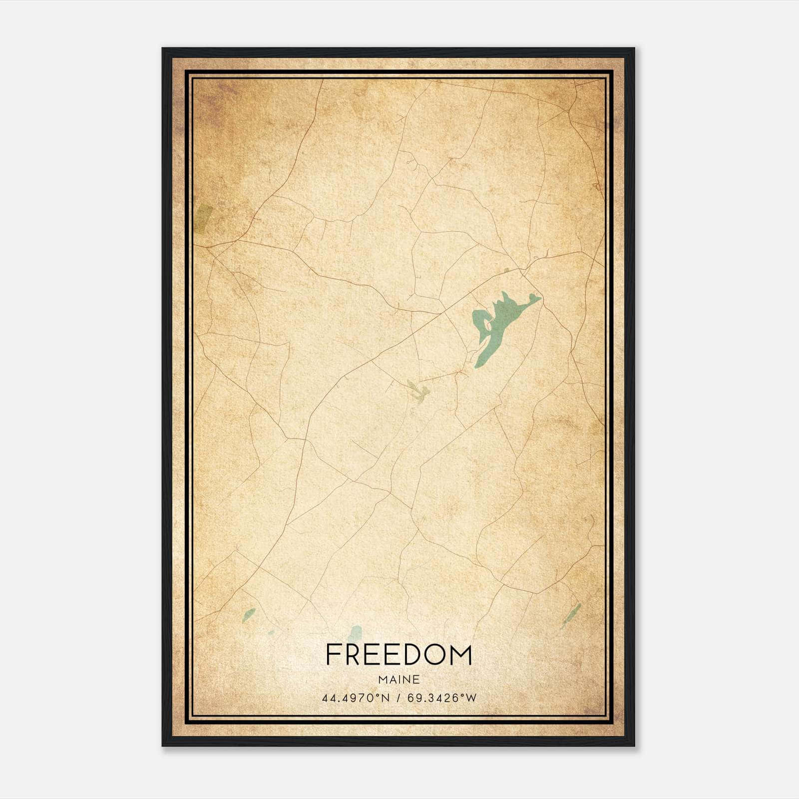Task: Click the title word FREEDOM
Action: point(399,655)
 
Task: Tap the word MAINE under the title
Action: point(399,680)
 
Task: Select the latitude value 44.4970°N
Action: point(355,698)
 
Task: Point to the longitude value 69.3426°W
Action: point(442,698)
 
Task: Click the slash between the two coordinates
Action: point(399,698)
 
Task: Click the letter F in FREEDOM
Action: point(333,655)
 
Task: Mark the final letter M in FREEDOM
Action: point(461,655)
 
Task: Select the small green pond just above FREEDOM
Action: point(355,633)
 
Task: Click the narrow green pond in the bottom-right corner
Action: point(571,615)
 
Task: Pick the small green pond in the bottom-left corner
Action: point(248,615)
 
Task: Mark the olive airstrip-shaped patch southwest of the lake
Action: point(417,390)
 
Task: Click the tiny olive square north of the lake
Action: point(506,270)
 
